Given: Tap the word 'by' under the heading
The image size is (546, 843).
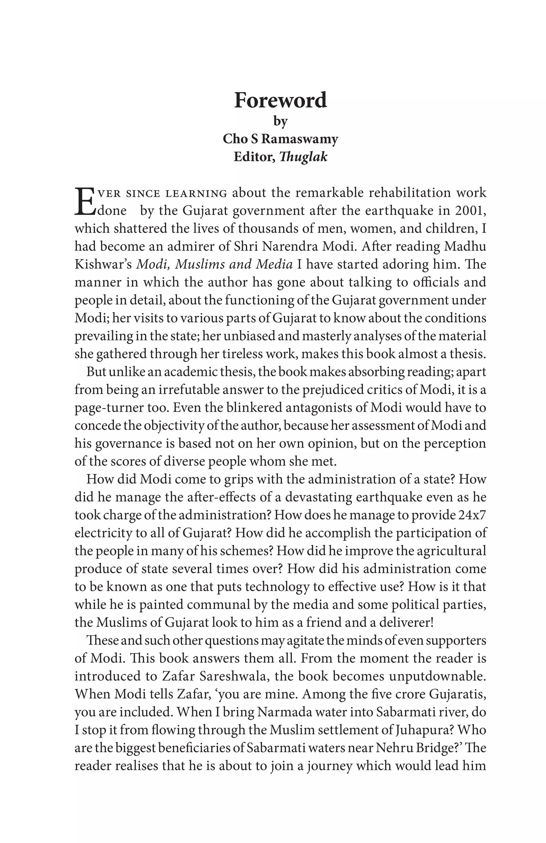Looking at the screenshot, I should [x=280, y=121].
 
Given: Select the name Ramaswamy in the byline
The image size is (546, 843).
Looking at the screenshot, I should [x=300, y=139].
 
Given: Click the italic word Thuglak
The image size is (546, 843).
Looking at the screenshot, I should [x=303, y=157].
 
